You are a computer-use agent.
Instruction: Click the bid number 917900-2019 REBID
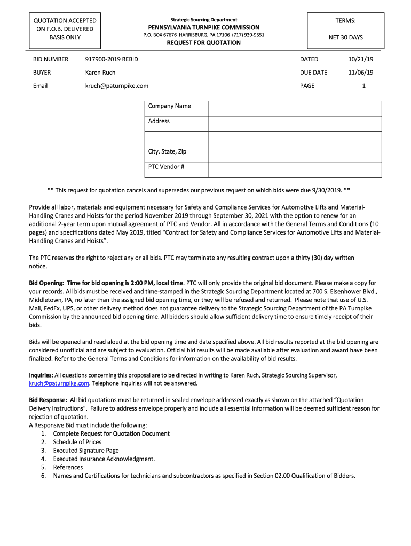pyautogui.click(x=112, y=59)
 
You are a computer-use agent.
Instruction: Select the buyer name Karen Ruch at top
pyautogui.click(x=100, y=73)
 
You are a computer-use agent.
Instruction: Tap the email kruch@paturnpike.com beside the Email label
pyautogui.click(x=117, y=86)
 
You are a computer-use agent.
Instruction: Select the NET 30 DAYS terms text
pyautogui.click(x=345, y=38)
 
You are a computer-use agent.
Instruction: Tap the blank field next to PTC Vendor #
pyautogui.click(x=295, y=169)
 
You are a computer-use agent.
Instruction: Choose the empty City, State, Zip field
pyautogui.click(x=295, y=154)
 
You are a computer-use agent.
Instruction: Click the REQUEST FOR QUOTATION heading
pyautogui.click(x=204, y=43)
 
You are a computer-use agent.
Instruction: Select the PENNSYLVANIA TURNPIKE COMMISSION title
pyautogui.click(x=204, y=27)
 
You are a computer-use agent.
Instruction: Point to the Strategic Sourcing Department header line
pyautogui.click(x=204, y=20)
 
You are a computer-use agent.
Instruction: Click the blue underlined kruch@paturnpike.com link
pyautogui.click(x=59, y=383)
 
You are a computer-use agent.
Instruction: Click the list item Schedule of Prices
pyautogui.click(x=77, y=442)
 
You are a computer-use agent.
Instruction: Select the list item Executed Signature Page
pyautogui.click(x=86, y=451)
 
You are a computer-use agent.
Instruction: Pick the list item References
pyautogui.click(x=68, y=468)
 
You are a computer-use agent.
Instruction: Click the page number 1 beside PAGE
pyautogui.click(x=363, y=86)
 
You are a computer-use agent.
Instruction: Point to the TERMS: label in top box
pyautogui.click(x=345, y=21)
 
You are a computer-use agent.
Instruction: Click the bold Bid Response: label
pyautogui.click(x=48, y=400)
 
